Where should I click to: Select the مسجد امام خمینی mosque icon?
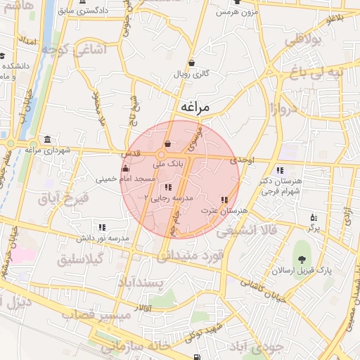[x=125, y=168]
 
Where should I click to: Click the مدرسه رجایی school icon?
[x=167, y=187]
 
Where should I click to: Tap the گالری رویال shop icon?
[x=192, y=63]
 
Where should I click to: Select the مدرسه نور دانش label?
[x=103, y=238]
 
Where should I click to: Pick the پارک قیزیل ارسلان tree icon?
[x=304, y=250]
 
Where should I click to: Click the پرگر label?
[x=314, y=228]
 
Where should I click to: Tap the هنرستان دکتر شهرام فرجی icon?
[x=280, y=170]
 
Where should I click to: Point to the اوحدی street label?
[x=241, y=160]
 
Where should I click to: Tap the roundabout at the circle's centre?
[x=162, y=155]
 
